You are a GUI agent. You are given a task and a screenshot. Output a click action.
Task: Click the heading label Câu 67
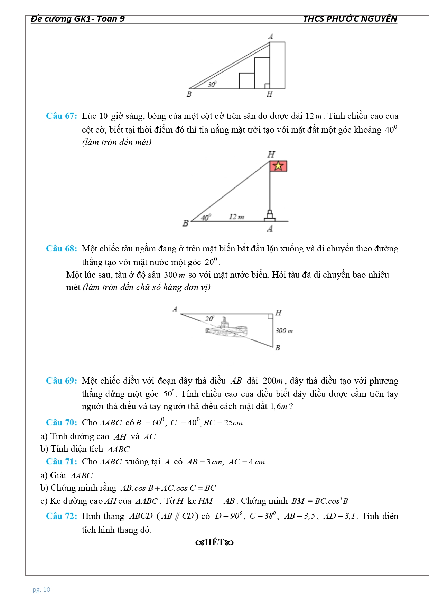[x=62, y=116]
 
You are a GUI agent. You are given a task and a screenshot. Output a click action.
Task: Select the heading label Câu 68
[x=62, y=249]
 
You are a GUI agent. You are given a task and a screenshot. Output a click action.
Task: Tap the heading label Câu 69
[x=62, y=381]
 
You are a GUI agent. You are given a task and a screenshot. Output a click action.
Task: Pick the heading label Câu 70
[x=62, y=423]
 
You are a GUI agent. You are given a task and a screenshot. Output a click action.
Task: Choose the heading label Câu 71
[x=62, y=462]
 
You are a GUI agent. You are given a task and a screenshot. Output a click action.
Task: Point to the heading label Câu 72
[x=62, y=516]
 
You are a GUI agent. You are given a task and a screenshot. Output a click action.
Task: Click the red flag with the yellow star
[x=279, y=166]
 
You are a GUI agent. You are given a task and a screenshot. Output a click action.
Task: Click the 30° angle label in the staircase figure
[x=212, y=84]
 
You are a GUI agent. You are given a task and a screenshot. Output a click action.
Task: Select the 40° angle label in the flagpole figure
[x=206, y=218]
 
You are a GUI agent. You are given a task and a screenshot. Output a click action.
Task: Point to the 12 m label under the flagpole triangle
[x=236, y=217]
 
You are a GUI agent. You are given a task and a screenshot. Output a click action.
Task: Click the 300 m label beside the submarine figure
[x=284, y=331]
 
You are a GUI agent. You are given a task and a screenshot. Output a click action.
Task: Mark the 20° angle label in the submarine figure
[x=209, y=318]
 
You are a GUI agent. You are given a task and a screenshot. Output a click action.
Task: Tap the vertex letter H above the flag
[x=271, y=154]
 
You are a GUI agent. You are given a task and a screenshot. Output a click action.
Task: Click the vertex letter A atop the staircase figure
[x=271, y=36]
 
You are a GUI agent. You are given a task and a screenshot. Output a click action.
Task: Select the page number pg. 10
[x=41, y=590]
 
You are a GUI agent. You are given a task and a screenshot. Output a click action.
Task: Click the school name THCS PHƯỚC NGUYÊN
[x=350, y=19]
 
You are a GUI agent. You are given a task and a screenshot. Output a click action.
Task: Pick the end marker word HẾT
[x=214, y=542]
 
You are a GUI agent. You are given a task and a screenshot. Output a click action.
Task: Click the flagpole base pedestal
[x=270, y=217]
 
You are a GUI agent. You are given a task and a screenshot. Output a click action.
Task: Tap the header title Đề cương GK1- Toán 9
[x=78, y=19]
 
